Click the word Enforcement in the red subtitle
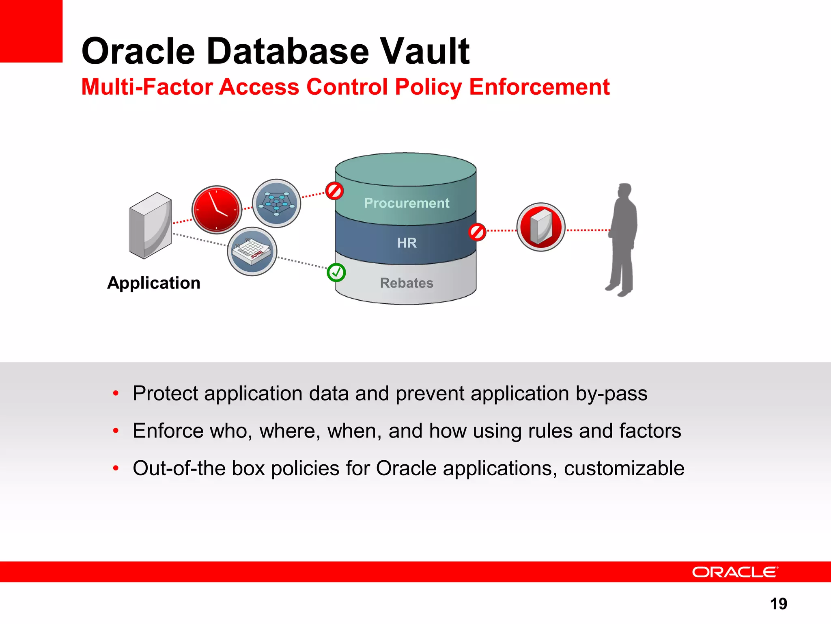coord(539,87)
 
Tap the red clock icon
coord(217,210)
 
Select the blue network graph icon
coord(276,203)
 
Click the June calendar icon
coord(252,251)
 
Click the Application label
coord(154,283)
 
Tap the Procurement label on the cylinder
coord(407,203)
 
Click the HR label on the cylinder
coord(407,243)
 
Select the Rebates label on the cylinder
coord(407,283)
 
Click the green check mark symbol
coord(336,273)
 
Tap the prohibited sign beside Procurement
coord(335,191)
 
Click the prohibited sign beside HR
coord(477,232)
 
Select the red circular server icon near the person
coord(541,227)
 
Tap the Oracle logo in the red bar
coord(734,572)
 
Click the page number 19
coord(778,604)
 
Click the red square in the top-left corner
coord(31,31)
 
